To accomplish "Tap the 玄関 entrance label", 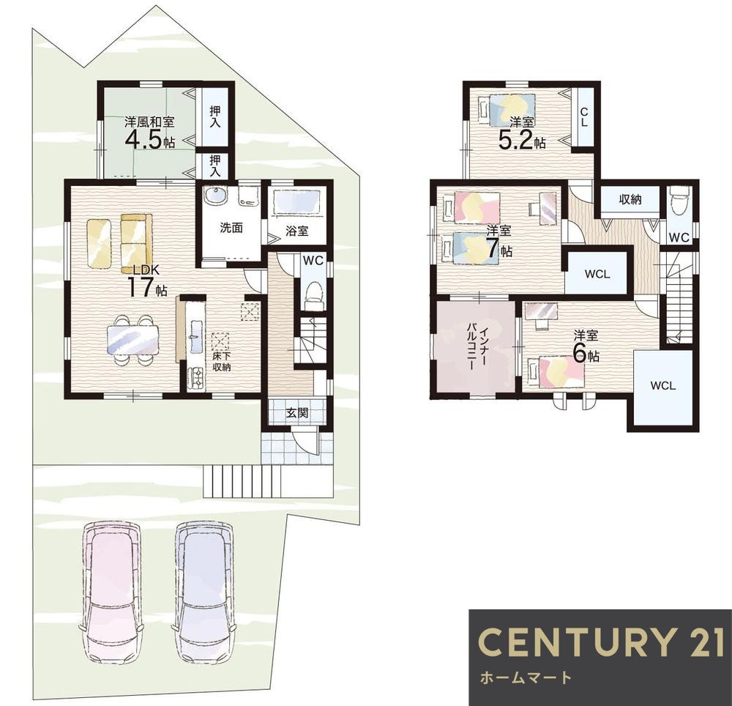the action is [297, 413].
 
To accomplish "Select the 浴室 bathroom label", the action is [297, 230].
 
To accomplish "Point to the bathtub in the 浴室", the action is [297, 203].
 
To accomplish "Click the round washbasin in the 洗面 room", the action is [215, 196].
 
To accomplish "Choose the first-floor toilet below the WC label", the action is [313, 294].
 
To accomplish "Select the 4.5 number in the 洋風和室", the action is [143, 139].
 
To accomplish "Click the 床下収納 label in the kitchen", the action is [222, 361].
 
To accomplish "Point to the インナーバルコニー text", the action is [478, 348].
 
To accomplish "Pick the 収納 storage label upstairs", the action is [630, 199].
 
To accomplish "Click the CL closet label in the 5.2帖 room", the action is [584, 117].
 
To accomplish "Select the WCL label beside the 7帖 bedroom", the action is [597, 275].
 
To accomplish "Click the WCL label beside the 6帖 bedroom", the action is [663, 386].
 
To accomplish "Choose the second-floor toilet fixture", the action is [679, 201].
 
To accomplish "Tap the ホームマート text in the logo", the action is [526, 677].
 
